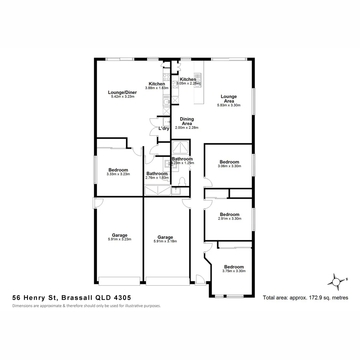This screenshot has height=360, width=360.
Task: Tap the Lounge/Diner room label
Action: (x=122, y=92)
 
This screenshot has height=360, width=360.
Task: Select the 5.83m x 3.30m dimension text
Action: (x=229, y=105)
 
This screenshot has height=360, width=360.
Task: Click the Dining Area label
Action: (x=187, y=121)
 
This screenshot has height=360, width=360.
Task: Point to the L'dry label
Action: (x=164, y=128)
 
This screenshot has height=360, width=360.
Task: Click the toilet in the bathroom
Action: (x=182, y=181)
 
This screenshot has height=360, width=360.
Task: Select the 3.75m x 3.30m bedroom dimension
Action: (x=234, y=271)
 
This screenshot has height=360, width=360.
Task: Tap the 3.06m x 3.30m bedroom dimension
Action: (x=229, y=166)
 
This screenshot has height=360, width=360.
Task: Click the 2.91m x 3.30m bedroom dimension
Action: (x=229, y=219)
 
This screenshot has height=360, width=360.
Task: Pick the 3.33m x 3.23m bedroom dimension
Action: (x=118, y=174)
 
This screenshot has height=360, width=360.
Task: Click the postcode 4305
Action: (x=122, y=297)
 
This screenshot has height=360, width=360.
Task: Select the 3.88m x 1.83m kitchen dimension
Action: (x=157, y=88)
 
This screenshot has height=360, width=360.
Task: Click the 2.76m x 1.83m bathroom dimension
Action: (x=157, y=178)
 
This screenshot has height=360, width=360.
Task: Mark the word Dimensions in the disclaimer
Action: (x=24, y=306)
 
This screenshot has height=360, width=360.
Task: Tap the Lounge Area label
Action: (x=229, y=99)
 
